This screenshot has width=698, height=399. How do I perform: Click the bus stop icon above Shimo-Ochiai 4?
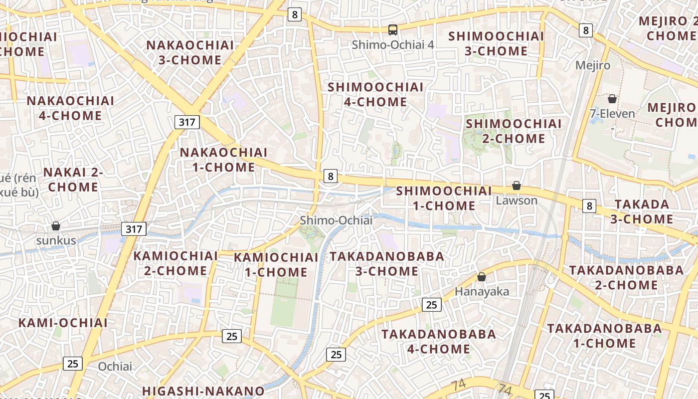pos(393,30)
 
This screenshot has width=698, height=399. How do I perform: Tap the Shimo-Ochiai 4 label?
pos(393,44)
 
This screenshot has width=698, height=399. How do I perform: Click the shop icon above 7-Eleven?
pos(612,99)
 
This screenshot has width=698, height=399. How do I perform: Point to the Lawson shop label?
pos(517,200)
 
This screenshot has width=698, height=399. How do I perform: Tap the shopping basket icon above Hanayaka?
pos(482,277)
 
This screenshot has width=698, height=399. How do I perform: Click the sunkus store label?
pos(56,240)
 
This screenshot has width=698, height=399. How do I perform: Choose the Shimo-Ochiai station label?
pos(336,220)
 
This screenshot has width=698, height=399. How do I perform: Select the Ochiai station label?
pos(115,367)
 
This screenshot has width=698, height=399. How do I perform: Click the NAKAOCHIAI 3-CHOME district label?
pos(190,52)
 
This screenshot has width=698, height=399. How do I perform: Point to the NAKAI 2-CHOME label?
pos(73,180)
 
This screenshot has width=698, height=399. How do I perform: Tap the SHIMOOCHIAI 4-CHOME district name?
pos(375,94)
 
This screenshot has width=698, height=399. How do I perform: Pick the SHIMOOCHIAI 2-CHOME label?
pos(514,131)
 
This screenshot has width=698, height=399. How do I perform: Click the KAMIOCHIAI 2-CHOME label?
pos(175,263)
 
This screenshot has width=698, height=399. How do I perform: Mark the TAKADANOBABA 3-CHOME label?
pos(386,264)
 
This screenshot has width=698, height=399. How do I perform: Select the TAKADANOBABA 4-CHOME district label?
pos(439,341)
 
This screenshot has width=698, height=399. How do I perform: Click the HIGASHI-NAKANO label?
pos(203,391)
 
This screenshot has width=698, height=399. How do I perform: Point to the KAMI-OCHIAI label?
pos(63,323)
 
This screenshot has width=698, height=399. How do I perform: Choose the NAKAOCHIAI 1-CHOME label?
pos(223,160)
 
